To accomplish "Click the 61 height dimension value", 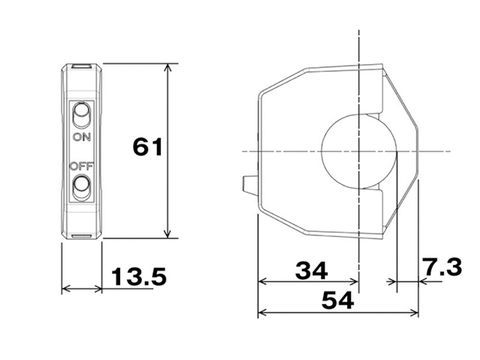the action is click(x=148, y=147).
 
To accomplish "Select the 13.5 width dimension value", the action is click(x=139, y=276).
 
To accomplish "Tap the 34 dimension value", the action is click(x=312, y=270).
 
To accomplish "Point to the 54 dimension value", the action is click(x=338, y=300).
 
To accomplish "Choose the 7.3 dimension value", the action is click(x=442, y=267).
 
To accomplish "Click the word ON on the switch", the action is click(x=82, y=137).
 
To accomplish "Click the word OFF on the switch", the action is click(x=81, y=166).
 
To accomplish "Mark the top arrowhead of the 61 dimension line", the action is click(x=168, y=67).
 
